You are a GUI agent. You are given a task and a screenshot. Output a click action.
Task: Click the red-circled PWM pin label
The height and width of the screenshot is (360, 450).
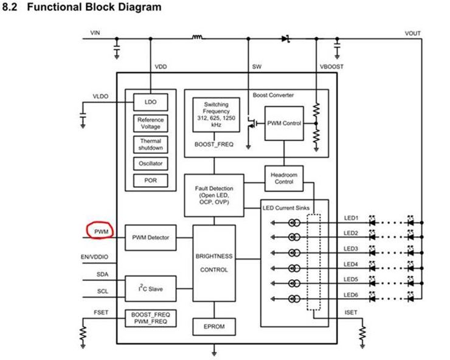click(102, 232)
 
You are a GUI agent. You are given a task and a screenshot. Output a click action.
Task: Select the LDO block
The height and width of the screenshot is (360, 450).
click(151, 102)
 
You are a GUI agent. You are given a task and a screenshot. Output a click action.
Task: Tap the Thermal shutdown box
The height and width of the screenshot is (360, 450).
click(151, 144)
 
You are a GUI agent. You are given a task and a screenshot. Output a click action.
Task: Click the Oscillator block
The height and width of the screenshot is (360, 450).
click(151, 164)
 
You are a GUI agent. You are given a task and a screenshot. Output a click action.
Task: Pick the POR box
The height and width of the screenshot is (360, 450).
click(151, 181)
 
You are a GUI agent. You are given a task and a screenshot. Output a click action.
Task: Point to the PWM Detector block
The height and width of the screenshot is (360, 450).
click(151, 238)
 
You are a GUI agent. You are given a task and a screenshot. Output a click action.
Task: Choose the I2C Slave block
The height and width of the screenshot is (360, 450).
click(151, 289)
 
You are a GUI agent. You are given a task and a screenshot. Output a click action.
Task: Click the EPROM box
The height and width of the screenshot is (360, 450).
click(214, 327)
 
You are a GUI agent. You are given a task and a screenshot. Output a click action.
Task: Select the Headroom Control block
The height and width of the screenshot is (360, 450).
click(284, 179)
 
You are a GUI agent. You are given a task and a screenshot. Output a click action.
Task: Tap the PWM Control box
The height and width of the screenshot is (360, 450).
click(284, 123)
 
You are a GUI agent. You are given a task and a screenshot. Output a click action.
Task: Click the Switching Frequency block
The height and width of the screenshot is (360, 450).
click(216, 115)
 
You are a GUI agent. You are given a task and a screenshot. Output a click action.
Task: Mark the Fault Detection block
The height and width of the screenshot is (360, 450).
click(214, 195)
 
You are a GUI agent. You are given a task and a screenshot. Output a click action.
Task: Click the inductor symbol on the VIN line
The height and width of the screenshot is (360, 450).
click(198, 37)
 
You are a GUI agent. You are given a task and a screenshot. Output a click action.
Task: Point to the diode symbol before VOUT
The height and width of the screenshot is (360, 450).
click(286, 38)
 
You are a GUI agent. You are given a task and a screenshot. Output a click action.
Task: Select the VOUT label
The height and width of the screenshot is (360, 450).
click(413, 33)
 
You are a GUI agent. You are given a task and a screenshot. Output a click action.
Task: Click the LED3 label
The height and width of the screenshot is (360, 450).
click(351, 249)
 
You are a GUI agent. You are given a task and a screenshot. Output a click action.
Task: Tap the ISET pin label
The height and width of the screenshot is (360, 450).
click(351, 313)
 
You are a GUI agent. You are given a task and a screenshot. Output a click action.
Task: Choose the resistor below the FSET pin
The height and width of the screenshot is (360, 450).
click(83, 333)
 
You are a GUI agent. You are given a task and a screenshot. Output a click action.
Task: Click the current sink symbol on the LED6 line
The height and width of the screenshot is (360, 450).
click(294, 299)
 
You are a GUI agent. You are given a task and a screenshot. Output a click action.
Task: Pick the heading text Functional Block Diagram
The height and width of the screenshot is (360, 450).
click(94, 7)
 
